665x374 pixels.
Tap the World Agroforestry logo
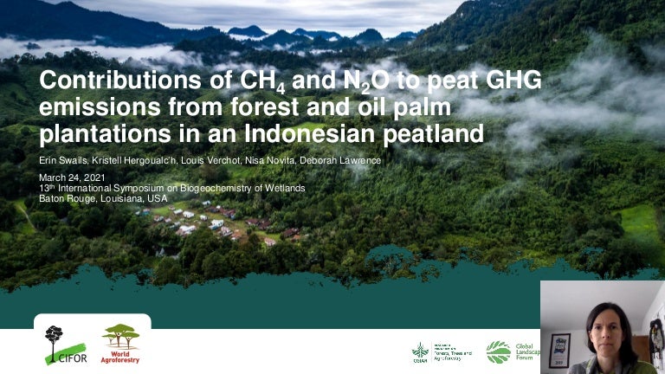(120, 344)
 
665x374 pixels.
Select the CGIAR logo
(420, 351)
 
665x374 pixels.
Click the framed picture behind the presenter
(559, 350)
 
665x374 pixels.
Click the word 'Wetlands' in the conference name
(285, 188)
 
